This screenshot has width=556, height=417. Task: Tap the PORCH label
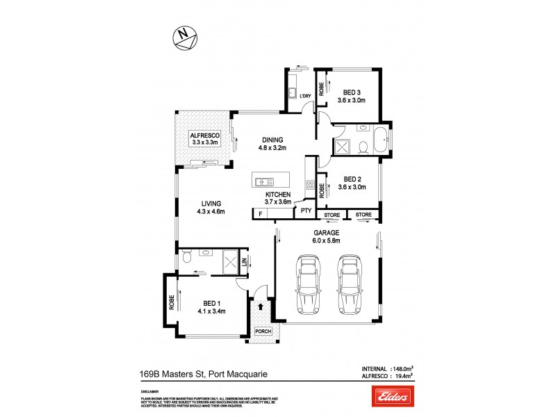click(x=263, y=332)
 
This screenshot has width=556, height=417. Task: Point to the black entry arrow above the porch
click(x=261, y=304)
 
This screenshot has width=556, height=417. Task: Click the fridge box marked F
click(x=260, y=214)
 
